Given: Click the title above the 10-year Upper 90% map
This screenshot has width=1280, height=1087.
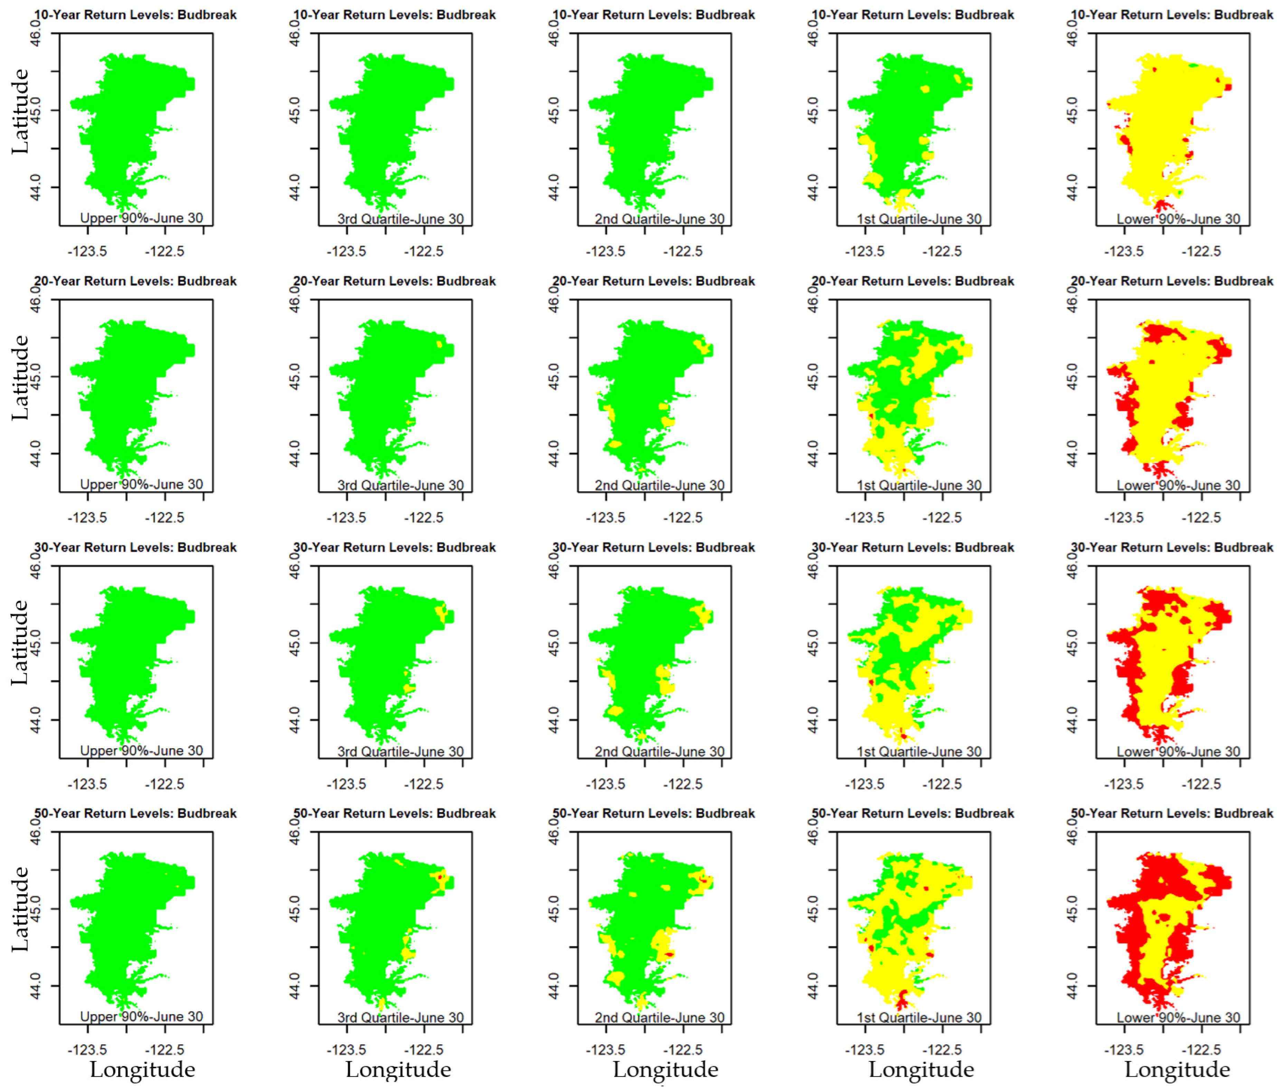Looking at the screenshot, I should (x=135, y=15).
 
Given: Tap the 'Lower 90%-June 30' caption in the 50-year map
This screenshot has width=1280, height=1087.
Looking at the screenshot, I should (x=1178, y=1017).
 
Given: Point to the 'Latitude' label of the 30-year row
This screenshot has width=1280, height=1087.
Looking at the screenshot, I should (x=20, y=643).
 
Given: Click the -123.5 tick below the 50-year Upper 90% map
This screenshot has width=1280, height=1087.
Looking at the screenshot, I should (x=87, y=1050).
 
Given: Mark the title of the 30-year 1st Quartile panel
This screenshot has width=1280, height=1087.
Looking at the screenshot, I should (x=913, y=547).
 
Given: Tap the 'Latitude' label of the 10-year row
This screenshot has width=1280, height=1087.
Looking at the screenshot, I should (x=20, y=112).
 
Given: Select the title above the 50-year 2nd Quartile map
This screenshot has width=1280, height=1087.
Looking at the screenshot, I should (x=653, y=813).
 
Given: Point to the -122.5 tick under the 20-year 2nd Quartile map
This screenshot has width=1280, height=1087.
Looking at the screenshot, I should (x=682, y=518).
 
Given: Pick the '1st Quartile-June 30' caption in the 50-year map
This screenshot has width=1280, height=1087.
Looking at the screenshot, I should (x=919, y=1017).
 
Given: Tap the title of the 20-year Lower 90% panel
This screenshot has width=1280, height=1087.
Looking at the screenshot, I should (x=1172, y=281).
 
